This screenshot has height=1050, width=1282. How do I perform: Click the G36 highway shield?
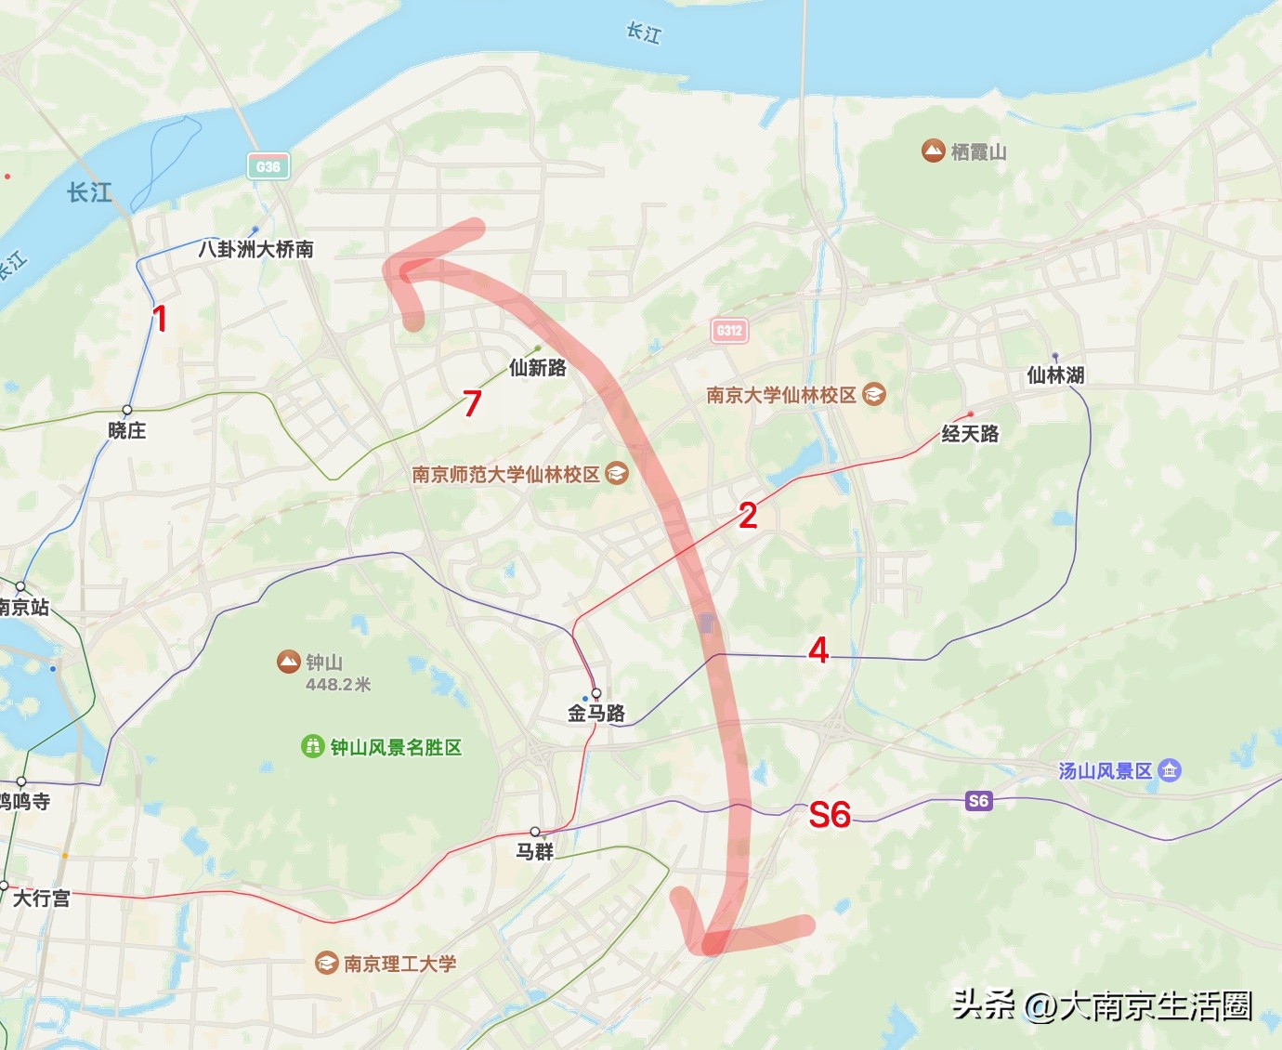(x=268, y=167)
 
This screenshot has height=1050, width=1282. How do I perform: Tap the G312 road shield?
(x=729, y=330)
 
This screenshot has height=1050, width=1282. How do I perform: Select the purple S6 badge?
(x=978, y=801)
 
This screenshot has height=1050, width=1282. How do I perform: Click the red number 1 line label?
(x=160, y=319)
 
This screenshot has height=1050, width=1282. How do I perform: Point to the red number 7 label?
(x=472, y=403)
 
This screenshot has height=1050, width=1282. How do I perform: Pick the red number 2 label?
(x=748, y=516)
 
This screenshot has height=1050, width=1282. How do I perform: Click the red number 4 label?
(x=818, y=650)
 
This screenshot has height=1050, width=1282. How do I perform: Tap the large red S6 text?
(x=830, y=815)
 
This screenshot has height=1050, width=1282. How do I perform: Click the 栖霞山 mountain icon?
(x=933, y=151)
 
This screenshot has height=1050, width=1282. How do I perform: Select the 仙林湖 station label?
(x=1055, y=375)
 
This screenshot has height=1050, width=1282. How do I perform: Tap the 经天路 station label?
(x=970, y=434)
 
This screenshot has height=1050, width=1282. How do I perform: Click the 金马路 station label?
(x=596, y=714)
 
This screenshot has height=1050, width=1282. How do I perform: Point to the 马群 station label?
(x=535, y=851)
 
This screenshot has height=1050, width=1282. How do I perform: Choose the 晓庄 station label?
(x=127, y=430)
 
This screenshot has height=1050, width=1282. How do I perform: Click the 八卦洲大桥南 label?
(x=255, y=249)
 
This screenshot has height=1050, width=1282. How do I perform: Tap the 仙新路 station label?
(x=538, y=368)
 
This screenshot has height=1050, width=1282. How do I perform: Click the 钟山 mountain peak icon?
(x=289, y=662)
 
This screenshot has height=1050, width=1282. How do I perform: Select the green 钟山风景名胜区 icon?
(x=312, y=746)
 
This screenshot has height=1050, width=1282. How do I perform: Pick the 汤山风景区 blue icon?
(x=1170, y=770)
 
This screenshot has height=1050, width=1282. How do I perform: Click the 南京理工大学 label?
(x=399, y=964)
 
